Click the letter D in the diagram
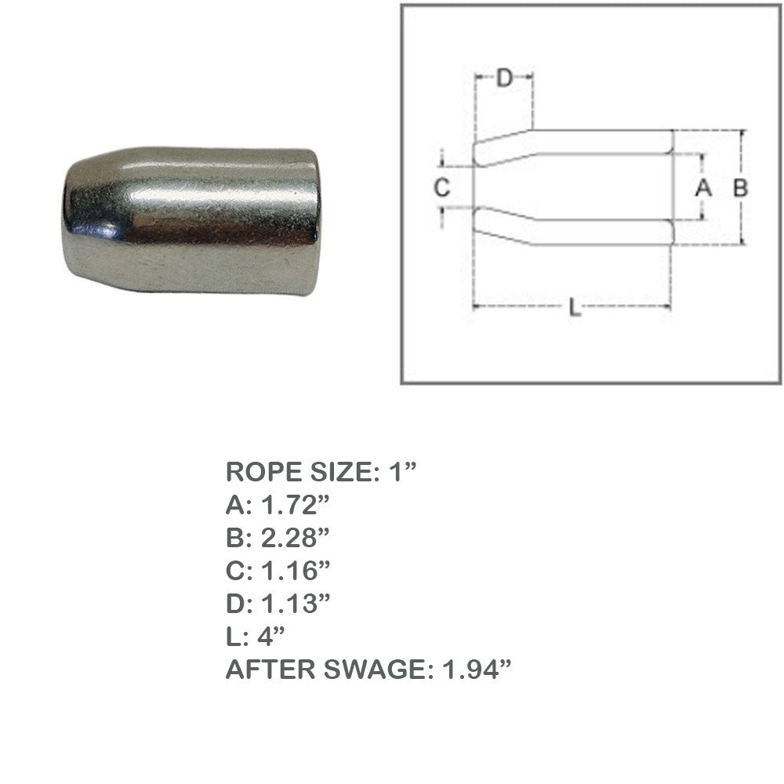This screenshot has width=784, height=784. [x=505, y=78]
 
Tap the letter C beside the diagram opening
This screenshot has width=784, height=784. [x=442, y=187]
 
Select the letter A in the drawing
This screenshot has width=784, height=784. [x=703, y=187]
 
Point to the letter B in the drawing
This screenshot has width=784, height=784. [x=741, y=187]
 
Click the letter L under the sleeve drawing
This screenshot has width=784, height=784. [x=575, y=307]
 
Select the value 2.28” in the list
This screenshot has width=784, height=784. [x=295, y=538]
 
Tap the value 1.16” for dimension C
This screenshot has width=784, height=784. [x=296, y=571]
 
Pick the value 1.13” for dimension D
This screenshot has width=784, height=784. [x=296, y=604]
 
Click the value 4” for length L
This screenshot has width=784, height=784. [x=270, y=636]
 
